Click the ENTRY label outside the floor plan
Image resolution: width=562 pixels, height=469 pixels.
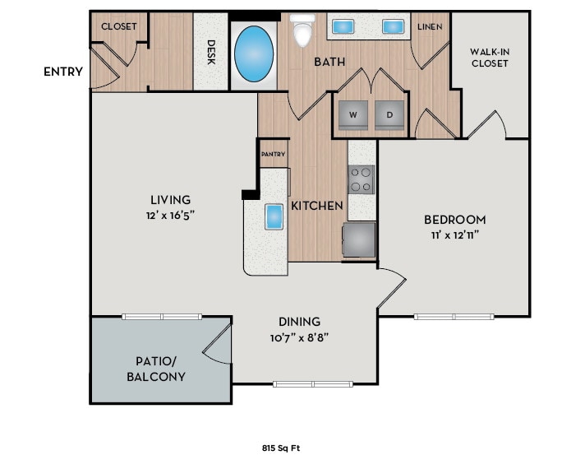(63, 72)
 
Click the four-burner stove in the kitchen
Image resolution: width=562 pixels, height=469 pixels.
(362, 179)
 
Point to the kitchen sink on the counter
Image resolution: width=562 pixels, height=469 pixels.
(274, 217)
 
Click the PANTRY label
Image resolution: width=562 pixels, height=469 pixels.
(273, 154)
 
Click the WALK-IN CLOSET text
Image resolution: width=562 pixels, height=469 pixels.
(489, 58)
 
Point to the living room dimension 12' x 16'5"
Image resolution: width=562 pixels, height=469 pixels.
(172, 214)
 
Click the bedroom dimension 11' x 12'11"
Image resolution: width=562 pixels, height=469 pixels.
(454, 234)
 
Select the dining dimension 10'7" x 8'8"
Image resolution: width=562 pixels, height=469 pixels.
(299, 337)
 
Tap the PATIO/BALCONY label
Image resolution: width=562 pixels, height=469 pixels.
(155, 369)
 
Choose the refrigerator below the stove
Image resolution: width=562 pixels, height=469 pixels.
(358, 239)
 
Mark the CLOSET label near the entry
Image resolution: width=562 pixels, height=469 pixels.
(118, 26)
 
